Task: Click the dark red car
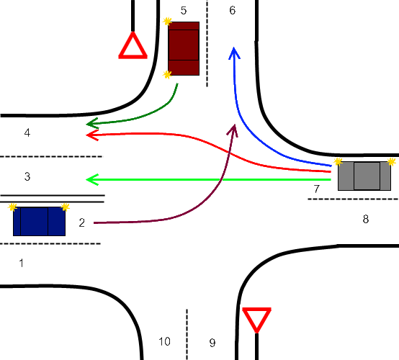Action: [184, 48]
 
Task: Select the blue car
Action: [39, 221]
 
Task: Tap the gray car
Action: [364, 176]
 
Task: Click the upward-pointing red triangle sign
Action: [133, 46]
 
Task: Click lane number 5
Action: [184, 10]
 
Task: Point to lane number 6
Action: [233, 10]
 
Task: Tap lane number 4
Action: [27, 132]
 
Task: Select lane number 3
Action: [27, 176]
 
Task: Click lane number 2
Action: [81, 223]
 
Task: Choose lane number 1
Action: [22, 263]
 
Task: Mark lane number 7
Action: [316, 189]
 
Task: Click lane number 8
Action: [366, 219]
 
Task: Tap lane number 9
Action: [212, 343]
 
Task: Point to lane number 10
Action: [164, 341]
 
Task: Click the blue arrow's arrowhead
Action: [234, 53]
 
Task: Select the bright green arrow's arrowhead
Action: [91, 179]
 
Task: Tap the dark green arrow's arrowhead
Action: [91, 123]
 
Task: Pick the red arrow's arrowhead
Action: [91, 135]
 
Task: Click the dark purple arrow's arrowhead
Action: [233, 130]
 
